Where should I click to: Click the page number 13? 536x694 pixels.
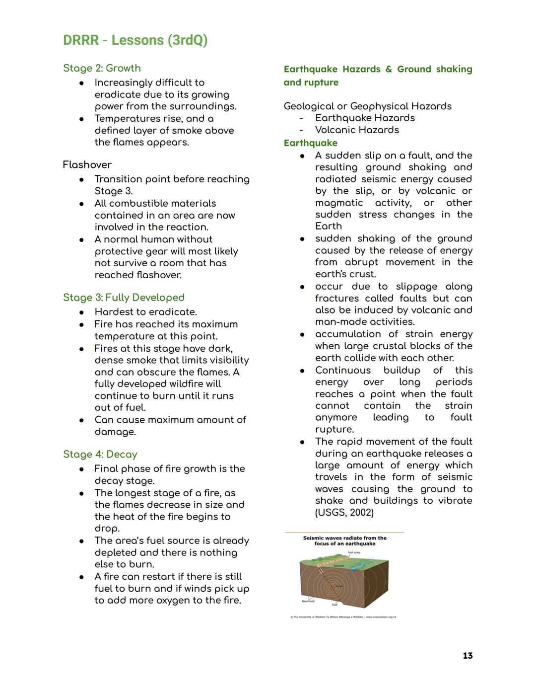tap(468, 656)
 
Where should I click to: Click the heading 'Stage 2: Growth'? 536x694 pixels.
tap(102, 68)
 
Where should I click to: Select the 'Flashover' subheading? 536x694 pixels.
tap(87, 164)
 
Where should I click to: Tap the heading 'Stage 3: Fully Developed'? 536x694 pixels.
tap(124, 298)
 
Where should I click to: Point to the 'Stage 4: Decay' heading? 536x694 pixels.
tap(100, 454)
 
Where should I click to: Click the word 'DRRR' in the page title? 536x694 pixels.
tap(81, 40)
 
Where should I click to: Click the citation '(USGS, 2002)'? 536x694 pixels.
tap(344, 513)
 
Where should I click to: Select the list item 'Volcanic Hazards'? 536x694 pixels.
tap(357, 130)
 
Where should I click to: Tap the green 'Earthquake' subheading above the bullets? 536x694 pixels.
tap(310, 143)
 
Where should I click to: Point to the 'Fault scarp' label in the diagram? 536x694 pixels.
tap(354, 552)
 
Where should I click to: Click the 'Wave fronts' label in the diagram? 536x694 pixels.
tap(308, 601)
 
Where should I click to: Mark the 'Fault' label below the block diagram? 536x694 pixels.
tap(335, 605)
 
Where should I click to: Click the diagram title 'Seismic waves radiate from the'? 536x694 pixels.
tap(344, 538)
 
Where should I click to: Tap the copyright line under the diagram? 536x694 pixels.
tap(343, 617)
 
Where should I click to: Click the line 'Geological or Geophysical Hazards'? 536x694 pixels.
tap(367, 106)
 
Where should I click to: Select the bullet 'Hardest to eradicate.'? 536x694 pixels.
tap(145, 312)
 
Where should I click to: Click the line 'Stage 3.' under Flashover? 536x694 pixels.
tap(114, 191)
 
